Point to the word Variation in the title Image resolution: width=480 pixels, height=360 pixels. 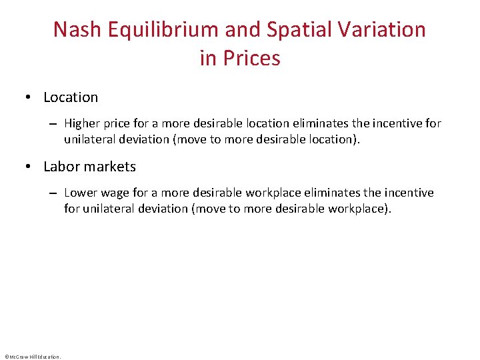coord(392,29)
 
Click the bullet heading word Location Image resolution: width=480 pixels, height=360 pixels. coord(71,97)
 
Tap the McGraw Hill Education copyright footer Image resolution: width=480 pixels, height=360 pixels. coord(32,357)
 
